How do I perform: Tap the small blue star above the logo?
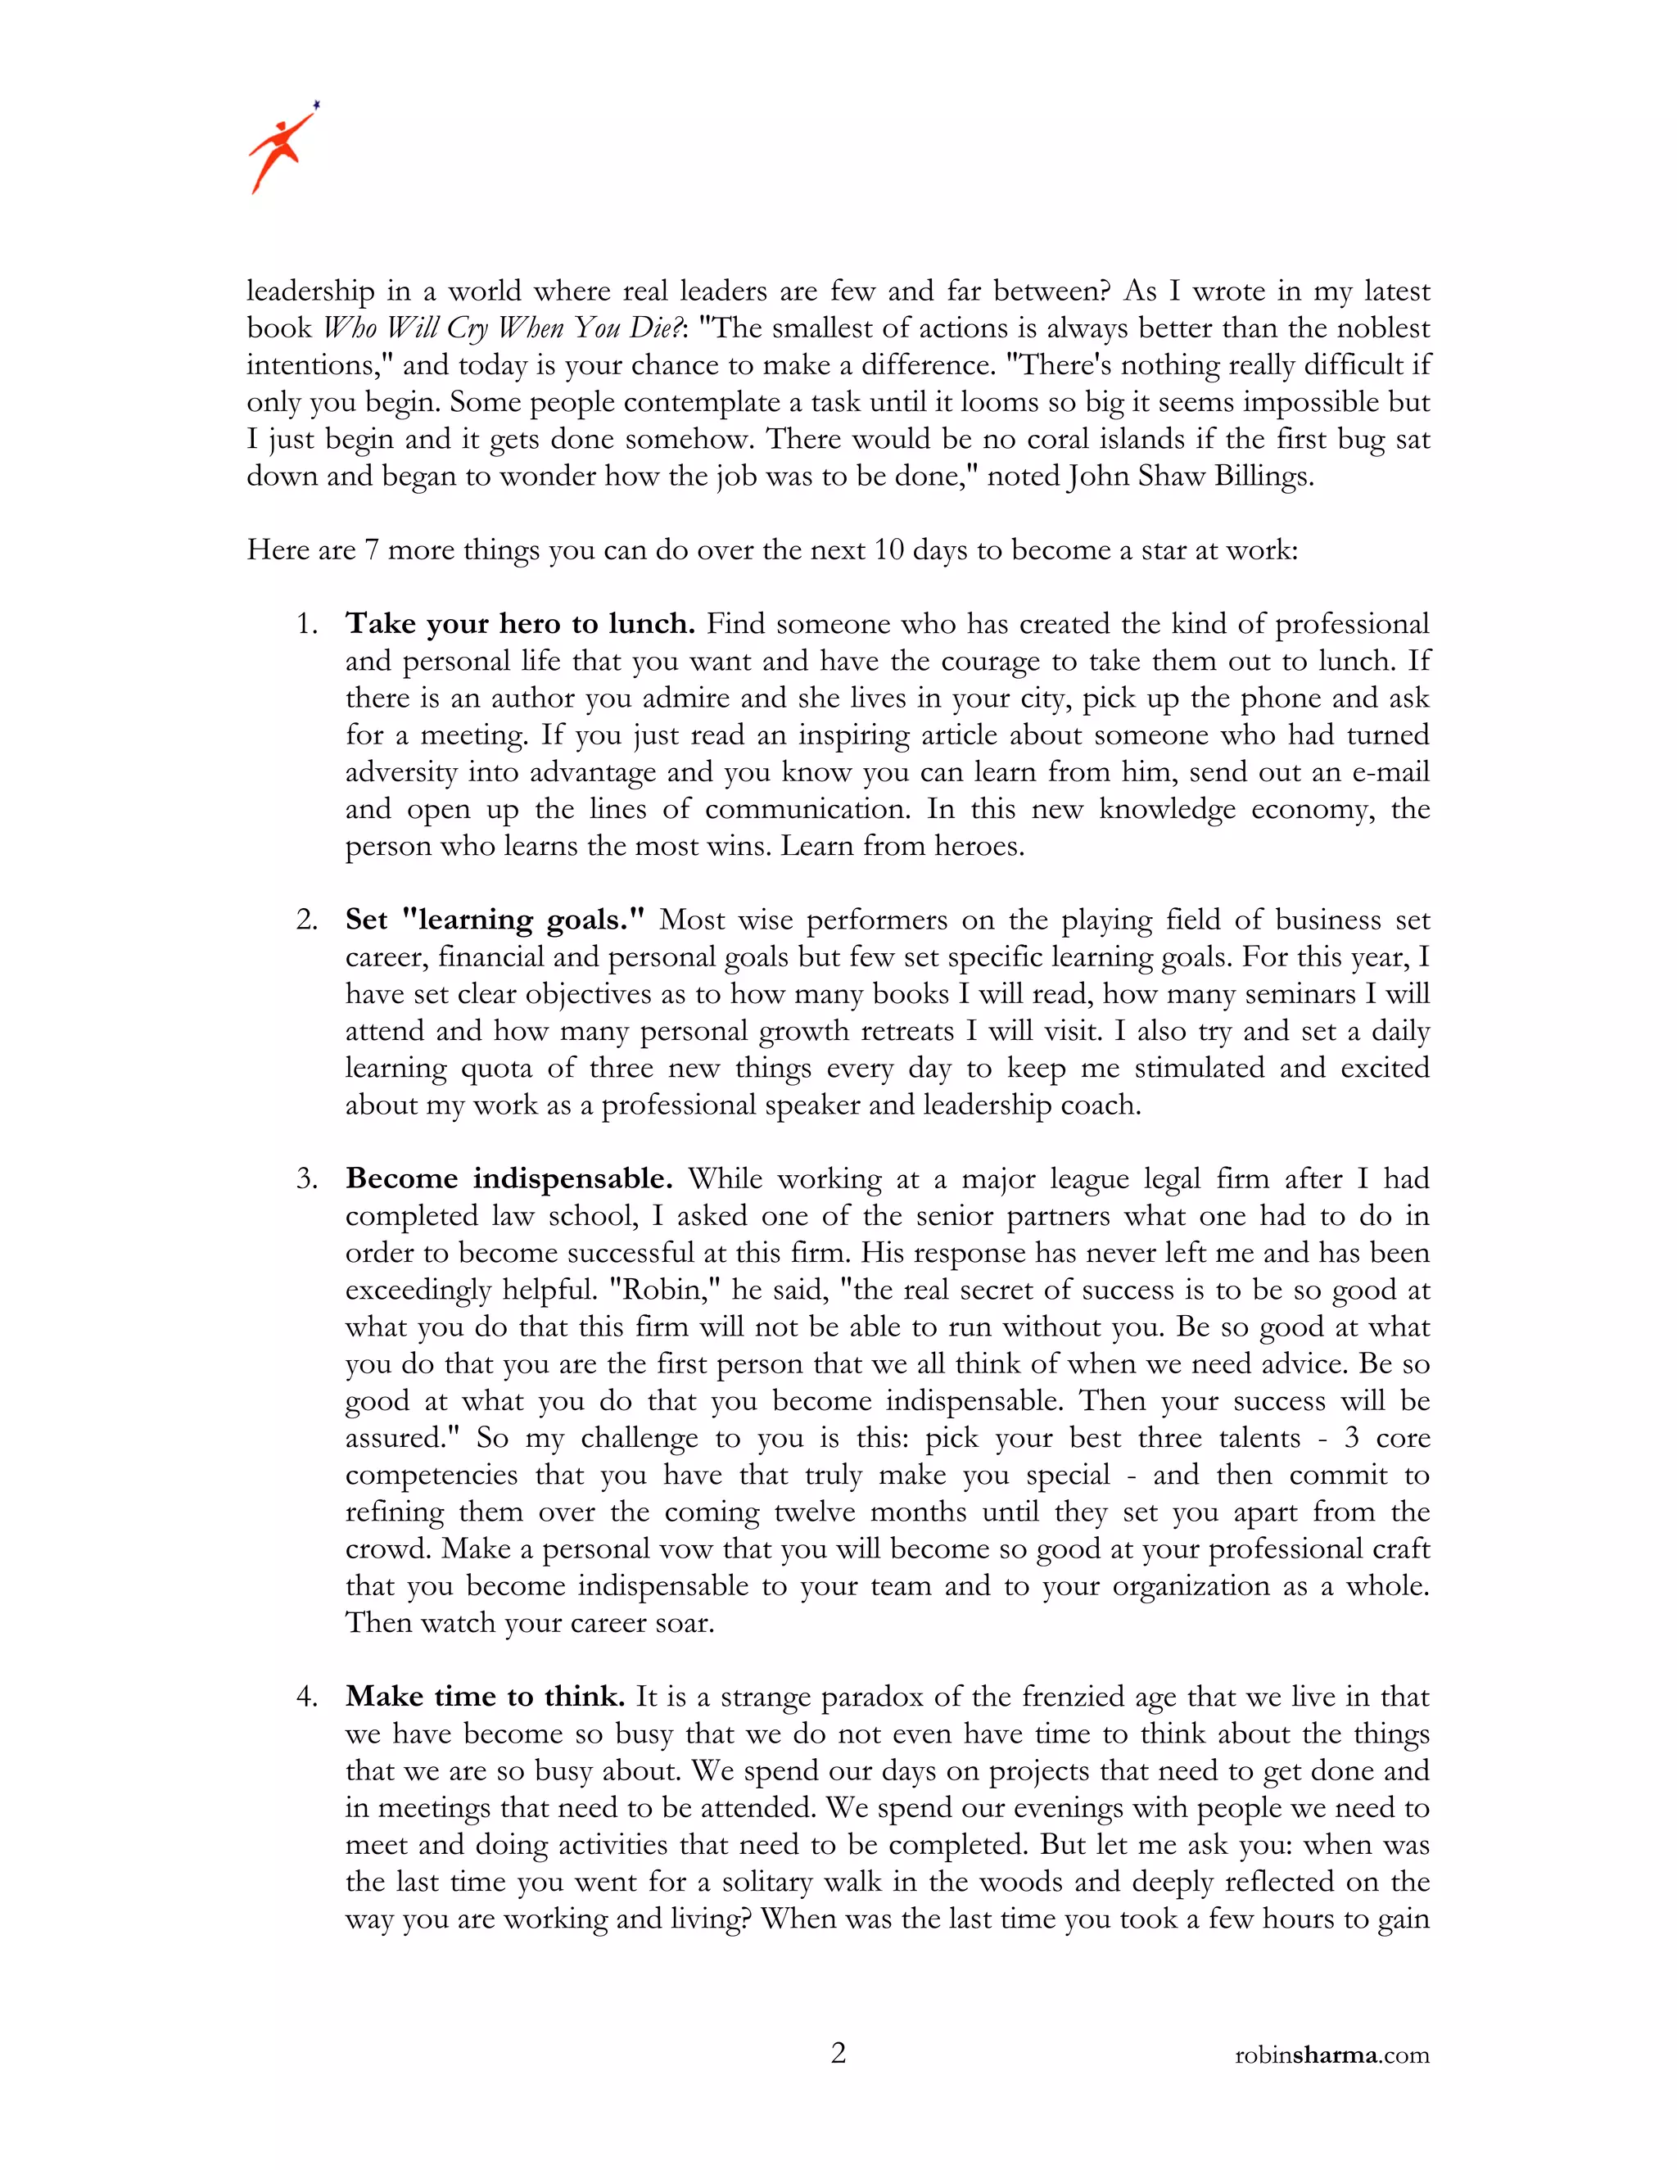(317, 103)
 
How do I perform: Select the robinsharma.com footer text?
(1331, 2055)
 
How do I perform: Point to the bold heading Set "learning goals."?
(495, 920)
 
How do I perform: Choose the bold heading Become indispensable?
(509, 1178)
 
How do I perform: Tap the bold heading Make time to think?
(485, 1696)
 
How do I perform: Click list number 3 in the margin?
(307, 1179)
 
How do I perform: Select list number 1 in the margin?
(307, 625)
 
